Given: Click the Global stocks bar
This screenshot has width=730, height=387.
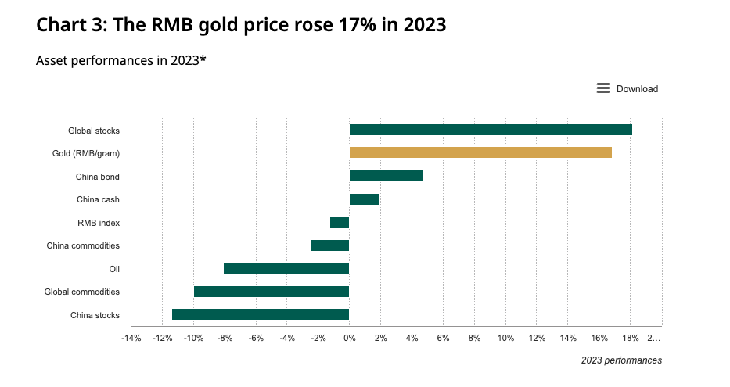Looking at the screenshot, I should click(x=491, y=130).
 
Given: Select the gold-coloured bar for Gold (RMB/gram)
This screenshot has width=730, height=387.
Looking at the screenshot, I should click(x=480, y=152).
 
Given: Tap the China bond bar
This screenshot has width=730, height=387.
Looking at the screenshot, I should click(x=387, y=176).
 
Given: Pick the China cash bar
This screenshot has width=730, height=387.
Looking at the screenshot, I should click(x=365, y=199).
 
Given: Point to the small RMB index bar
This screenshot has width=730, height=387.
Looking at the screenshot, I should click(x=340, y=222).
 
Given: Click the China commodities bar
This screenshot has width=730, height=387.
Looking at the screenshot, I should click(x=329, y=245).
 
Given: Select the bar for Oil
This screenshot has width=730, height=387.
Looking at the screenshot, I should click(x=286, y=268).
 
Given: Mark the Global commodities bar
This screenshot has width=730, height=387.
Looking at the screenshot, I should click(x=272, y=292).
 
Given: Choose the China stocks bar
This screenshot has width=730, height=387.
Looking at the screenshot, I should click(x=261, y=314).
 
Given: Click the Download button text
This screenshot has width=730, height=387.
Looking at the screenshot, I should click(x=637, y=89).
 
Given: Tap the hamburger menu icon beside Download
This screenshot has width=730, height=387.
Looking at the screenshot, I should click(x=603, y=88).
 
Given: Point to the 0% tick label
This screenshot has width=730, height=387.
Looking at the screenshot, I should click(x=350, y=338).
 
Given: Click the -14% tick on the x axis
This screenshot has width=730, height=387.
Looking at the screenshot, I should click(x=131, y=338).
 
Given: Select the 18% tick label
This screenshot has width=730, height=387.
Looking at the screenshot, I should click(x=631, y=338).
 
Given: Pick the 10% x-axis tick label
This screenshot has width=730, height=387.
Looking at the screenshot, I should click(x=505, y=338).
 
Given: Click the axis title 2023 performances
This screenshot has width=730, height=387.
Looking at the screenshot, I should click(x=621, y=360).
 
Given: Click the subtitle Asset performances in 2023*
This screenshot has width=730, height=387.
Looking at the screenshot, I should click(x=121, y=60).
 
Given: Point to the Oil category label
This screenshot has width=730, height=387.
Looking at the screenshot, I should click(x=114, y=269).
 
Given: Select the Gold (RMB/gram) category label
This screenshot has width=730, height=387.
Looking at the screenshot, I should click(x=86, y=153).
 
